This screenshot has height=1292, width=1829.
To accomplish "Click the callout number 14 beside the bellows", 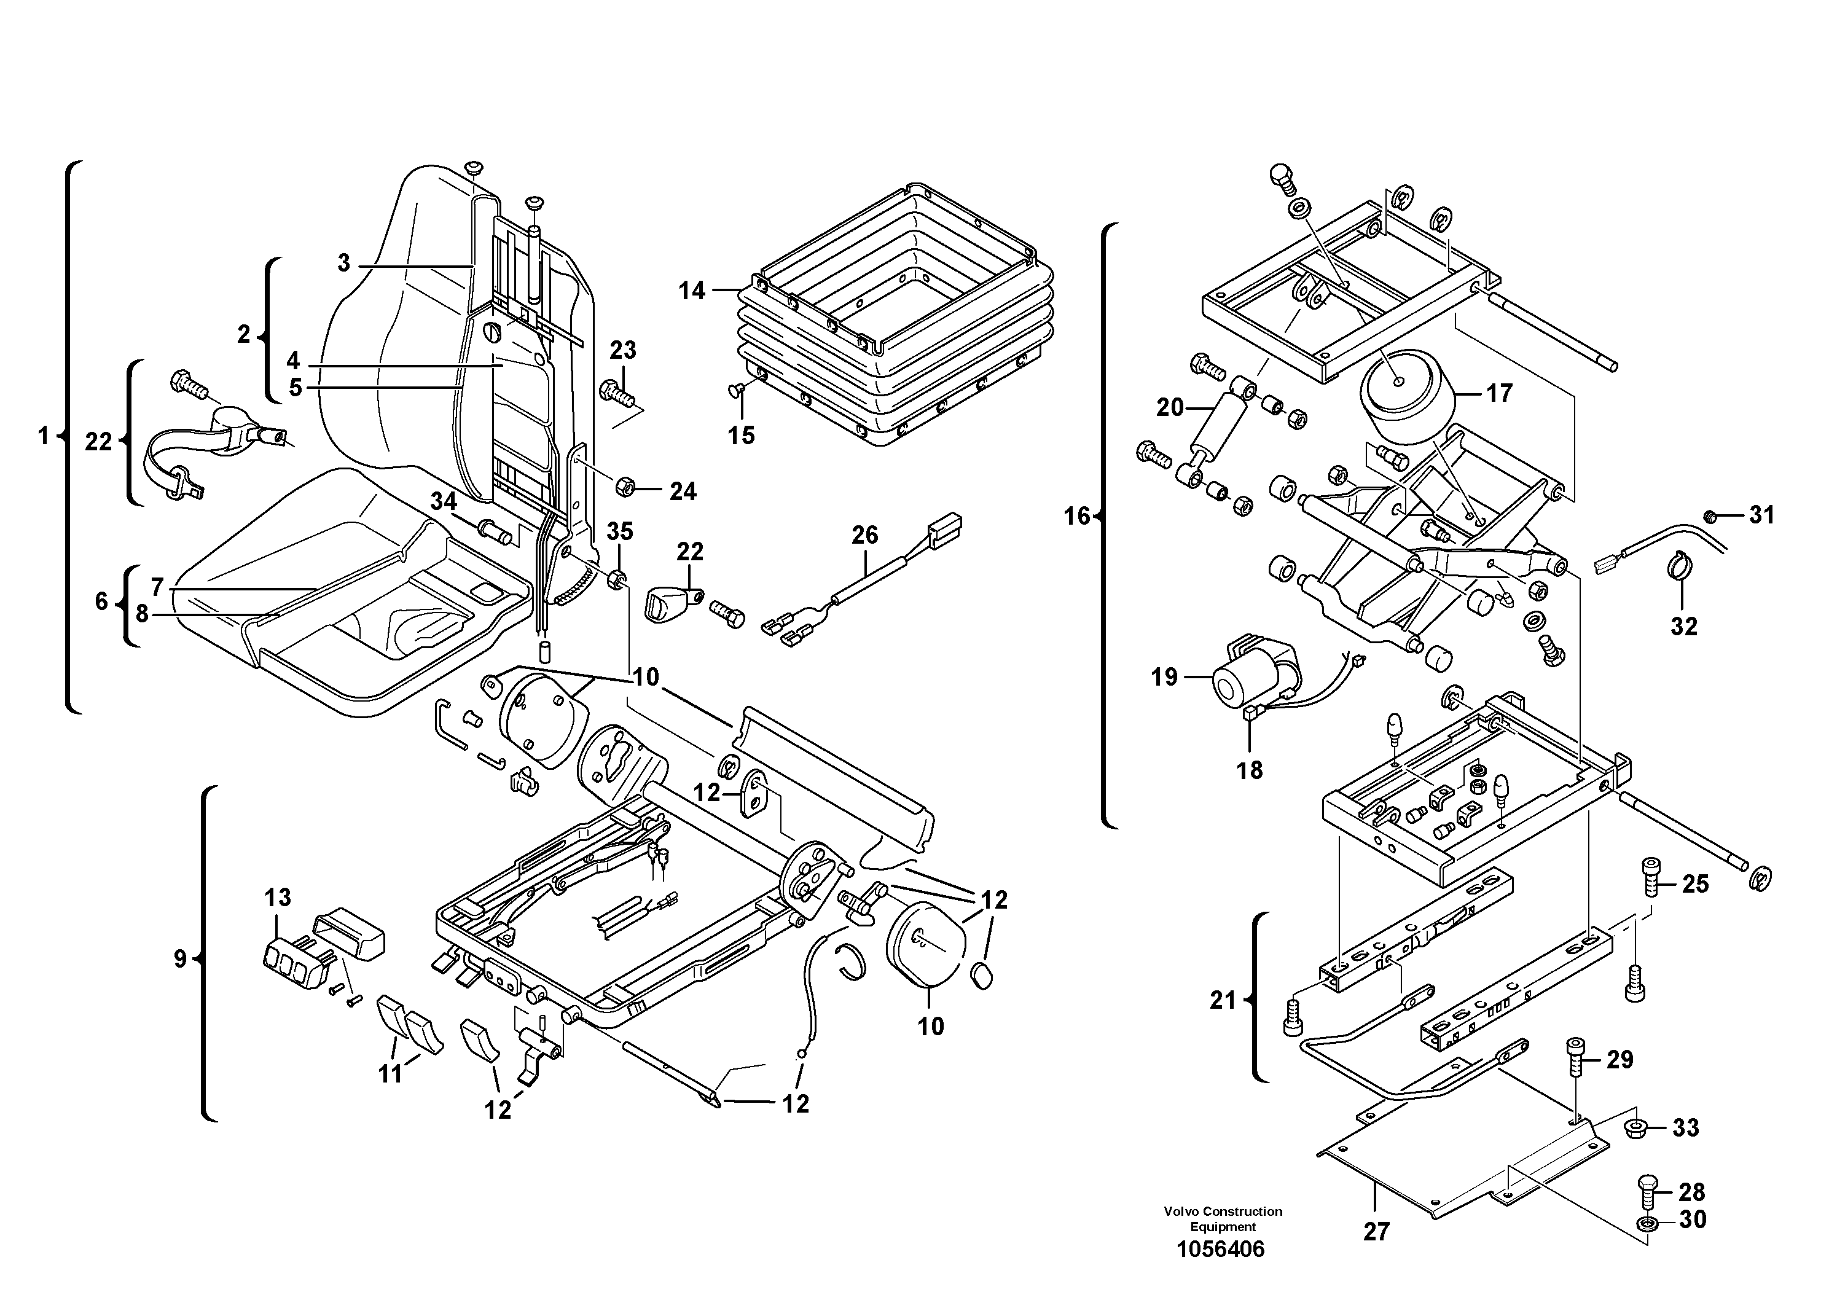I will pos(691,291).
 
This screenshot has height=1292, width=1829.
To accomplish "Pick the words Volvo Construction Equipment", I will pos(1223,1219).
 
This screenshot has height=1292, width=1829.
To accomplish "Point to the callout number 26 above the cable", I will pos(864,534).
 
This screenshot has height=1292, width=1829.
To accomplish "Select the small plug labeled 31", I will pos(1707,515).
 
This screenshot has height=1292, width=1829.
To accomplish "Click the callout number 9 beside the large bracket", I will pos(180,959).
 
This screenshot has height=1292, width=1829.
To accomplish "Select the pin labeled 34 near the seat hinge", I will pos(493,531).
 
